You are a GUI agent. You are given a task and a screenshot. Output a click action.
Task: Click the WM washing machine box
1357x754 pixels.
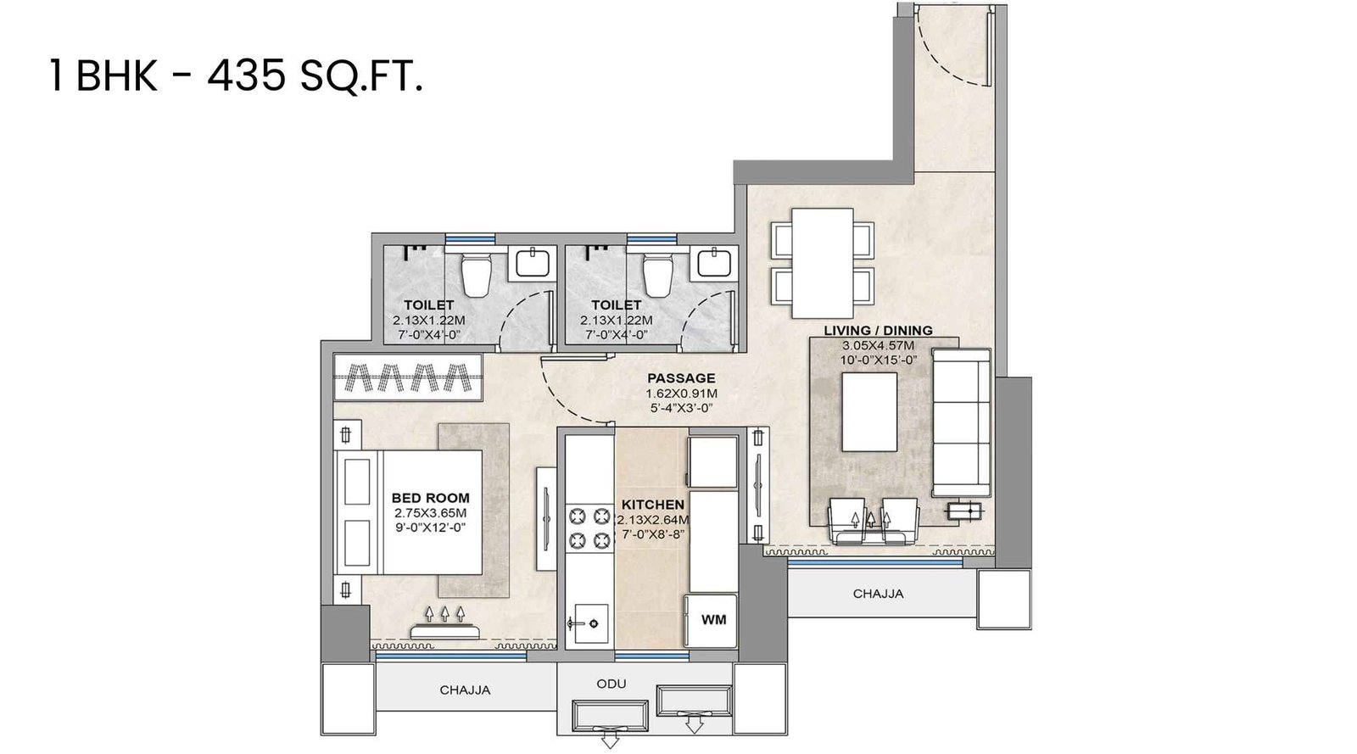(x=713, y=620)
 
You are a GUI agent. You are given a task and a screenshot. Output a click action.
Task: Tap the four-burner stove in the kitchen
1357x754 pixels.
(x=589, y=528)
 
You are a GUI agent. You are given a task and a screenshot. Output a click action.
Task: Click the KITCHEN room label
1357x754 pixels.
(x=652, y=505)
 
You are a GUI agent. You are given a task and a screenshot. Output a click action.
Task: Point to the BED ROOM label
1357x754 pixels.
(x=430, y=498)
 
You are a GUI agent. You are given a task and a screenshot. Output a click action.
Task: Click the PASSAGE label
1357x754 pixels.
(x=681, y=378)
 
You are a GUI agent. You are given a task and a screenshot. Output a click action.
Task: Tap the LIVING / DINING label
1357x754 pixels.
(x=878, y=331)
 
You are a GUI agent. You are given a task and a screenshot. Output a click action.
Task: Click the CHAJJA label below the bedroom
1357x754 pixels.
(x=465, y=690)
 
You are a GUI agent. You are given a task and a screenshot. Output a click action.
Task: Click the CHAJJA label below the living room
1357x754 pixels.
(x=878, y=594)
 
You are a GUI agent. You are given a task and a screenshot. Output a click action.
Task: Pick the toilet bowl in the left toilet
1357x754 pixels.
(x=473, y=276)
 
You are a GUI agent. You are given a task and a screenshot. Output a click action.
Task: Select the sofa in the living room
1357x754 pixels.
(x=962, y=422)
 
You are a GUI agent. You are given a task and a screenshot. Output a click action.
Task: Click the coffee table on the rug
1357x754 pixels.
(x=869, y=413)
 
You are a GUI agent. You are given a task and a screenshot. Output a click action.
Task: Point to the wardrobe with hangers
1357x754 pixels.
(x=407, y=376)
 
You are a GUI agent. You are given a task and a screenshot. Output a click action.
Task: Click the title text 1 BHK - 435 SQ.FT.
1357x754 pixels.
(x=236, y=78)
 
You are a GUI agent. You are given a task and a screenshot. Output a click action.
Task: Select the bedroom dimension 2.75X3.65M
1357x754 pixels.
(x=430, y=513)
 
